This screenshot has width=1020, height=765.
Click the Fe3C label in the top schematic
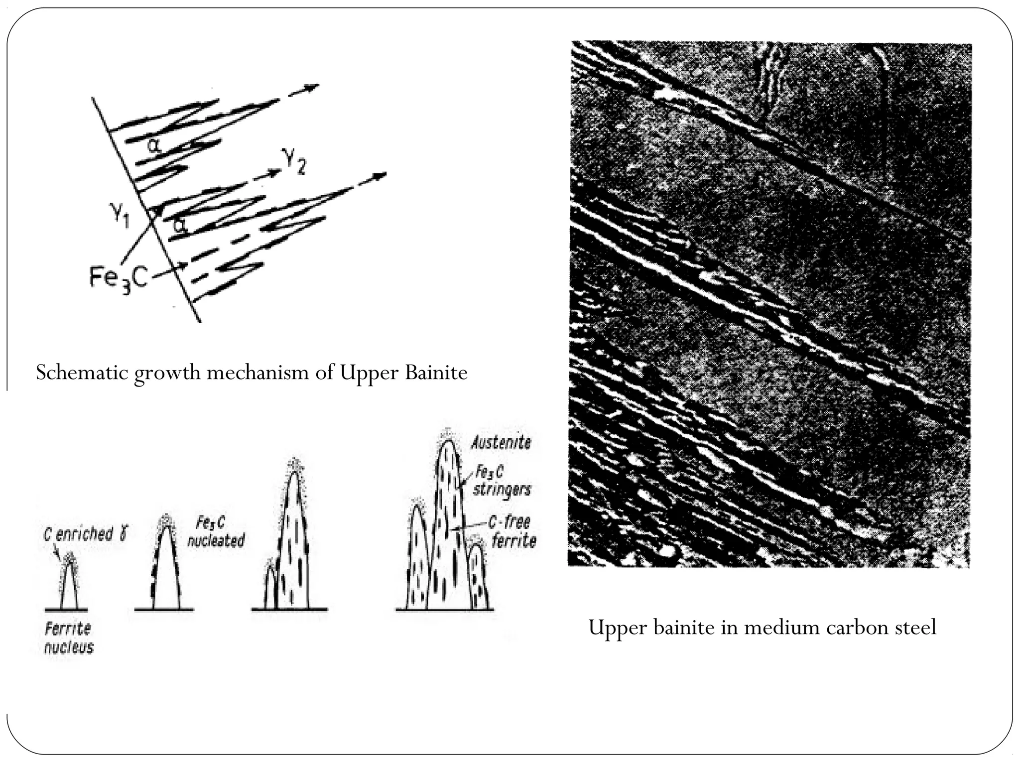119,277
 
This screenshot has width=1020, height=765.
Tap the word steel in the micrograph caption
916,628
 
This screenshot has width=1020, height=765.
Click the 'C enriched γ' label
85,535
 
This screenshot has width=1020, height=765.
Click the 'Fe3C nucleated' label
215,531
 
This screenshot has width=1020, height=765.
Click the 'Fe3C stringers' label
501,481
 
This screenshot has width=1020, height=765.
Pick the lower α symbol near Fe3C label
180,226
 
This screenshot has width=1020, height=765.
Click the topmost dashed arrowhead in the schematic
311,88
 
